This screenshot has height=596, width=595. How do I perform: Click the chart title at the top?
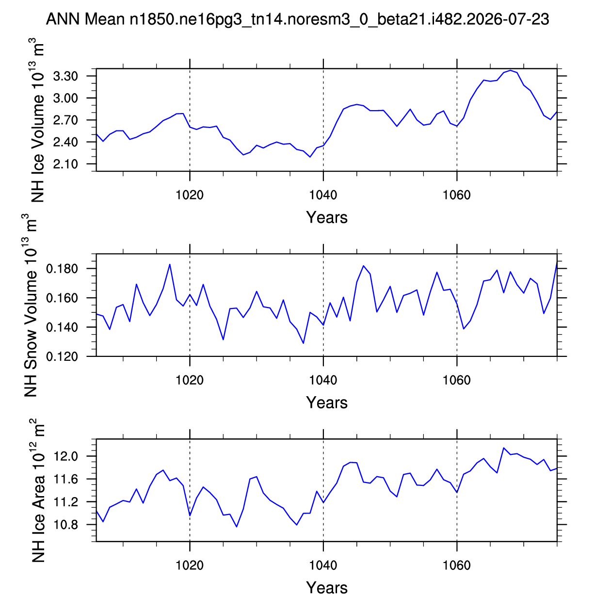coord(297,19)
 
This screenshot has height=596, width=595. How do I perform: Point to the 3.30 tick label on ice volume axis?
coord(65,76)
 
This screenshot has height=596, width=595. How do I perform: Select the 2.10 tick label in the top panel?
coord(65,164)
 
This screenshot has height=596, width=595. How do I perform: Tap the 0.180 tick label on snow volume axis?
coord(62,269)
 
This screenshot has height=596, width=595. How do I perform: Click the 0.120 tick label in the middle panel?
coord(62,356)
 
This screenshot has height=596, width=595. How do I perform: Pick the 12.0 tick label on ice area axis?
coord(65,456)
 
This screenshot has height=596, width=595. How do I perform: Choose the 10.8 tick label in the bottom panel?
coord(65,525)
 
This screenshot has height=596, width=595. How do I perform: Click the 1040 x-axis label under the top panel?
coord(323,195)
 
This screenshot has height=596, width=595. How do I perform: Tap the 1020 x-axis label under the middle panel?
coord(189,380)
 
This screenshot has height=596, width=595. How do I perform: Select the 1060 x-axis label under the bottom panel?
coord(457,565)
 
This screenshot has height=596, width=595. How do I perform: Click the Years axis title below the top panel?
coord(327,217)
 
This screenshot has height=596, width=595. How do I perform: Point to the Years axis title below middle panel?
coord(327,403)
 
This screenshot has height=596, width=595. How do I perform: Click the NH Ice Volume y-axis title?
coord(37,120)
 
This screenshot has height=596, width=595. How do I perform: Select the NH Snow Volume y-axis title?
coord(30,305)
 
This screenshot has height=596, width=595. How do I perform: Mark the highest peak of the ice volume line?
coord(510,70)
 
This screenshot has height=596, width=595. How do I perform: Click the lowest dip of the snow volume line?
coord(303,343)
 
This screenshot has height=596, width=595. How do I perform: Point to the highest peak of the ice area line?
coord(504,448)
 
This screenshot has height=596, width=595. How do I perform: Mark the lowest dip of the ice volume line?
coord(310,157)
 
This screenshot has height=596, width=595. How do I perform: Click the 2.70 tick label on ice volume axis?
coord(65,120)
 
